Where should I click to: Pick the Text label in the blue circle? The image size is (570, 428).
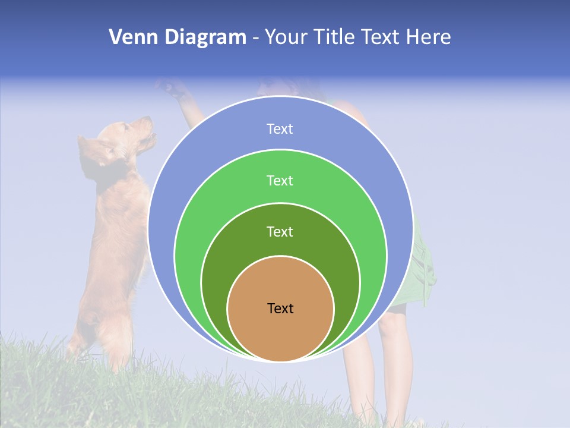tap(280, 129)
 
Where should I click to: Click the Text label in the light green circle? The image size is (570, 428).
tap(280, 180)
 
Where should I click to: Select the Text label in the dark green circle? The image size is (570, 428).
tap(280, 231)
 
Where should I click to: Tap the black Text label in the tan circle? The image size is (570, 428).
tap(280, 309)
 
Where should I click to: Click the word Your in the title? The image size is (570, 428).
tap(287, 37)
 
